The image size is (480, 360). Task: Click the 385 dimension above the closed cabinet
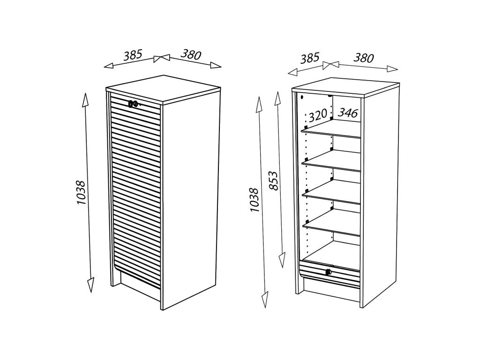pyautogui.click(x=133, y=55)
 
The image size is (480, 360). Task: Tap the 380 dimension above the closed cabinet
pyautogui.click(x=191, y=54)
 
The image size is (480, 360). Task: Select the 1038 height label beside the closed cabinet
pyautogui.click(x=81, y=193)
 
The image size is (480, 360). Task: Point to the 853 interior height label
pyautogui.click(x=274, y=181)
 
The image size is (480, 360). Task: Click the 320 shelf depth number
pyautogui.click(x=318, y=116)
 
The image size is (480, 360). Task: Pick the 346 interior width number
pyautogui.click(x=348, y=112)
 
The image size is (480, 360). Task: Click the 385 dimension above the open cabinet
pyautogui.click(x=310, y=58)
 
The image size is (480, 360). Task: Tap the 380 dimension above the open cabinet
pyautogui.click(x=364, y=58)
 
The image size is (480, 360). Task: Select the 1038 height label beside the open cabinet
pyautogui.click(x=255, y=200)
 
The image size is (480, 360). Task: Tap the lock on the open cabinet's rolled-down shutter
pyautogui.click(x=329, y=271)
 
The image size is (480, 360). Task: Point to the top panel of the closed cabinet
pyautogui.click(x=163, y=89)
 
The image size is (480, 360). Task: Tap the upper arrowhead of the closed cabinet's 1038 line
pyautogui.click(x=85, y=100)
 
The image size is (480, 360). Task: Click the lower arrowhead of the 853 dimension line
pyautogui.click(x=282, y=261)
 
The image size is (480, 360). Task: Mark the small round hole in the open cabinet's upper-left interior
pyautogui.click(x=302, y=97)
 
